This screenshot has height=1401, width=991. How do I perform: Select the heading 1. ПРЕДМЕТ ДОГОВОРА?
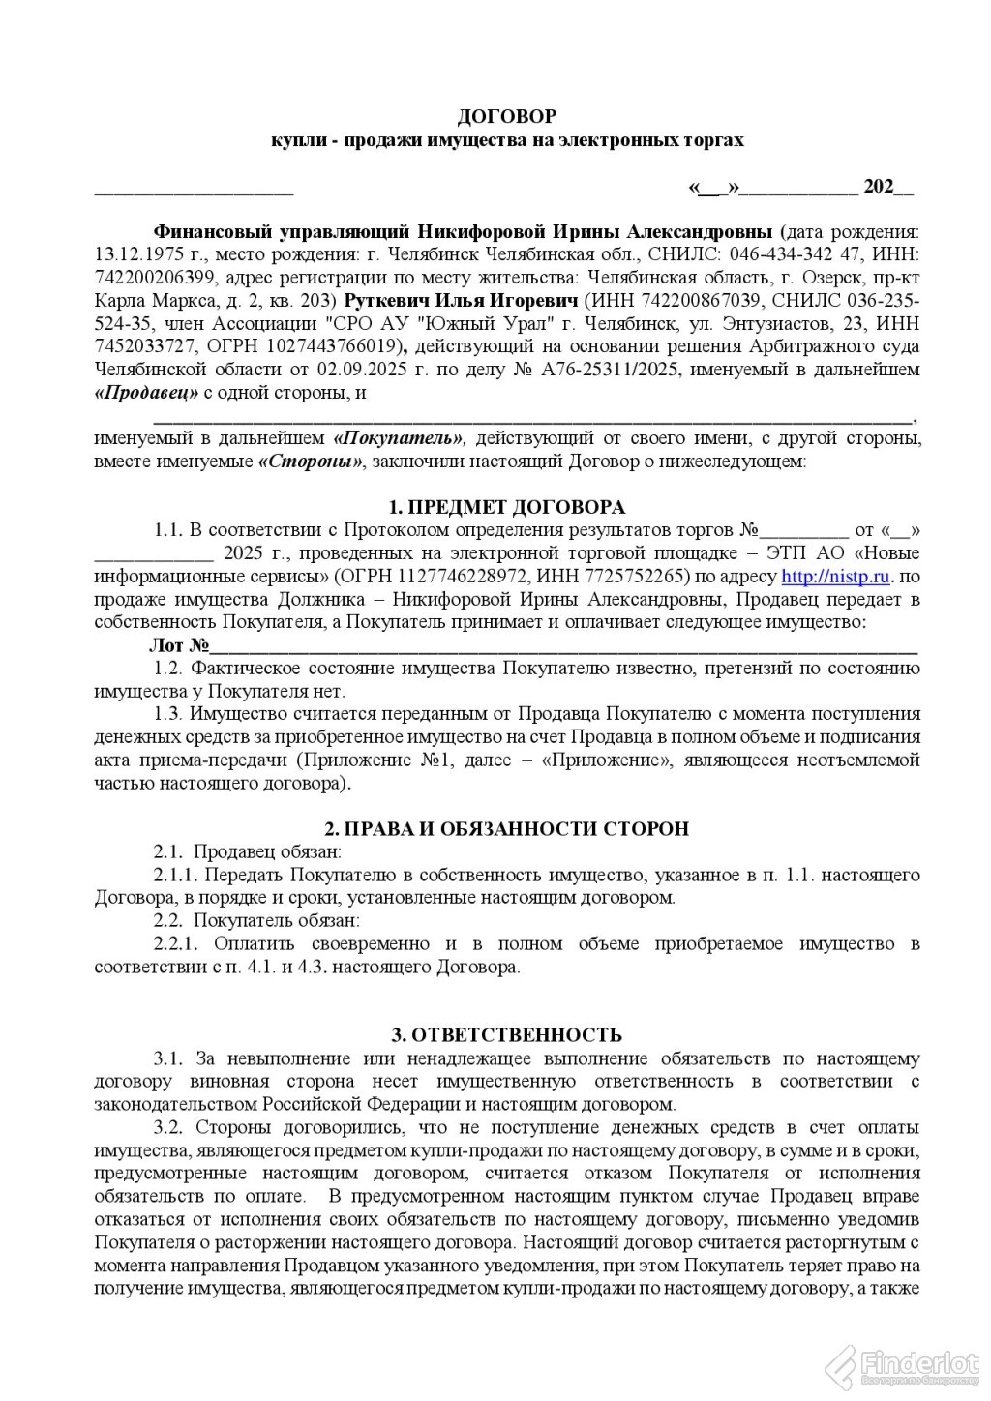506,508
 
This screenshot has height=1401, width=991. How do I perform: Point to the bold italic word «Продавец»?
146,393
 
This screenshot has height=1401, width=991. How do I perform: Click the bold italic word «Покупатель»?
400,438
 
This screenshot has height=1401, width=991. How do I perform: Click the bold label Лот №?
180,645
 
